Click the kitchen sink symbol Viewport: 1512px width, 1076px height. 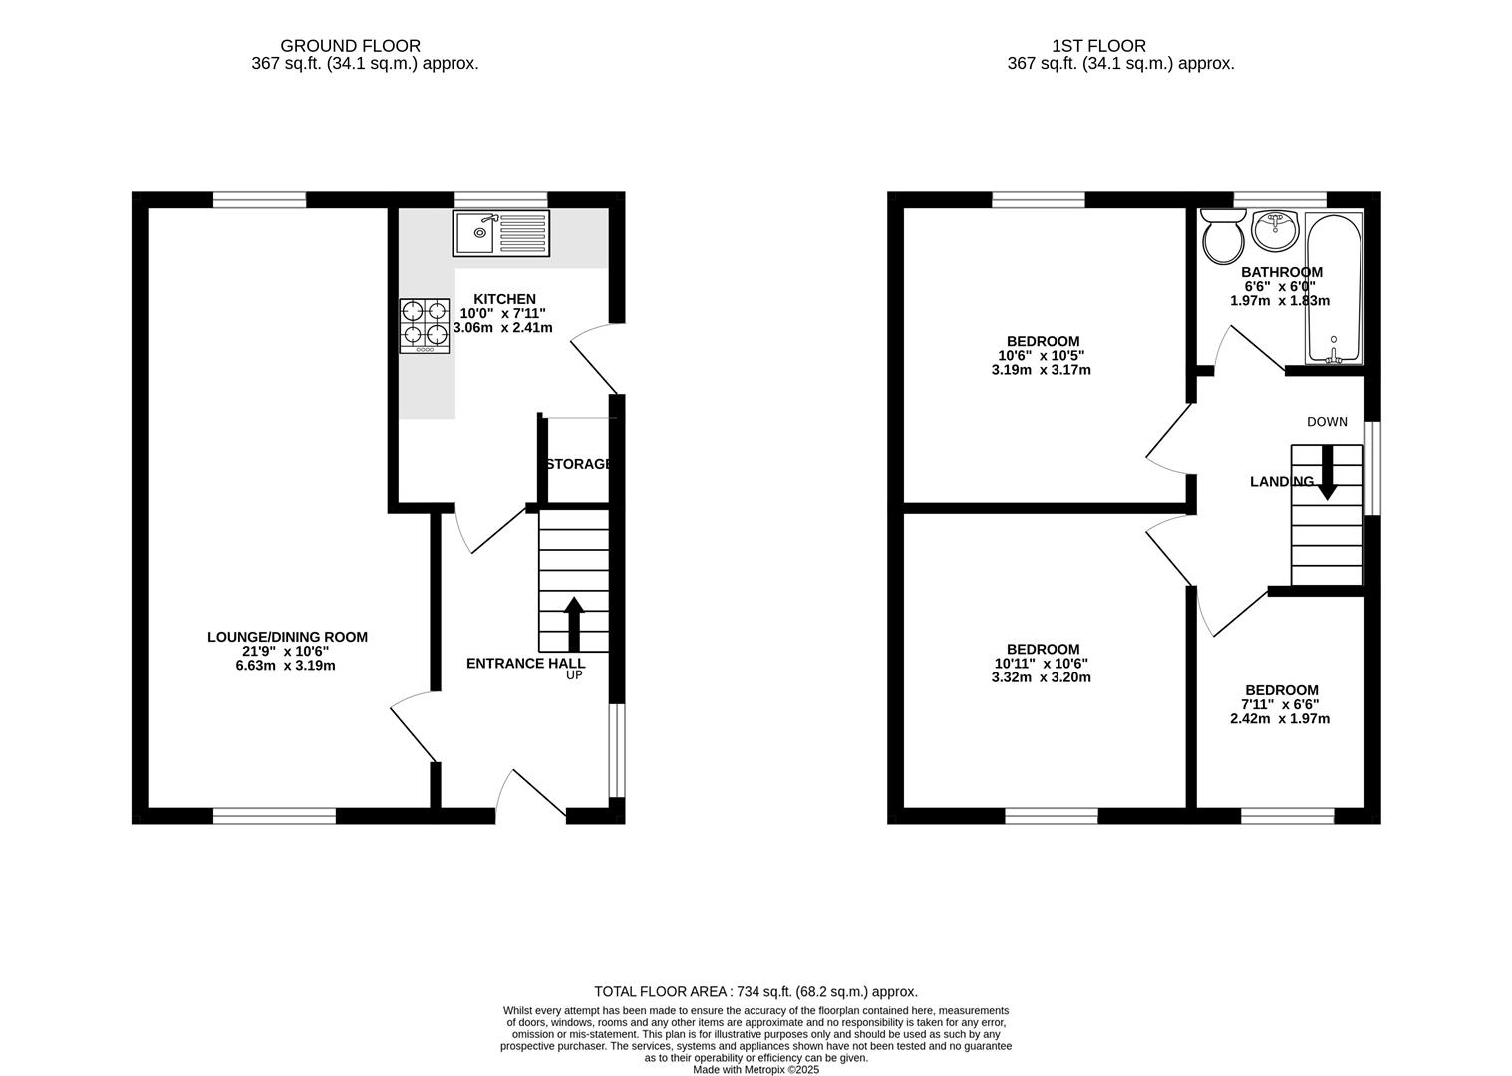point(500,233)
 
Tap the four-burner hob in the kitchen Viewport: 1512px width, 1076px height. point(425,326)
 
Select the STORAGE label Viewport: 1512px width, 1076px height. point(578,464)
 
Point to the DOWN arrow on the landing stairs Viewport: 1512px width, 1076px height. point(1327,473)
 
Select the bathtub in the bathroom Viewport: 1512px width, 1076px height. point(1334,289)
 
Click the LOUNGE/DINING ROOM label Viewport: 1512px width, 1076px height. point(287,637)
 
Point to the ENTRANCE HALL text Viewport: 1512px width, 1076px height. point(525,664)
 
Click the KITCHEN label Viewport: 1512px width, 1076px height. point(504,299)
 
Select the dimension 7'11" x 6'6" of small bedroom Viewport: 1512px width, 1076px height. point(1280,704)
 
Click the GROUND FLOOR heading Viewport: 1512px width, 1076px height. point(350,46)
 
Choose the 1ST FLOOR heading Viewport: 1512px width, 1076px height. point(1098,46)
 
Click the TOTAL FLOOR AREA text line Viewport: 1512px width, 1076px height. point(756,991)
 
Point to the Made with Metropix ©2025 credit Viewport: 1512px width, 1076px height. point(756,1069)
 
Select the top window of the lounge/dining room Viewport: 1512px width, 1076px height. point(259,199)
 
